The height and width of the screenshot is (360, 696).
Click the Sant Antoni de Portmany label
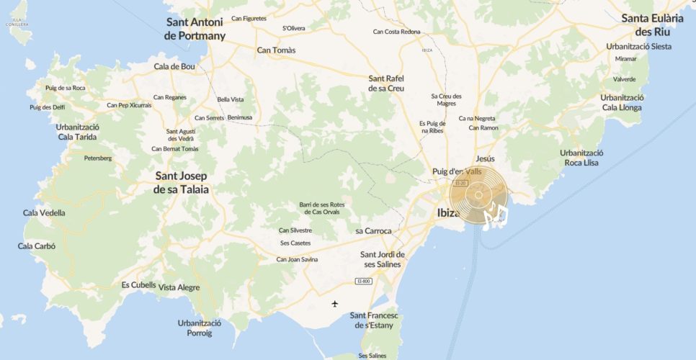click(195, 29)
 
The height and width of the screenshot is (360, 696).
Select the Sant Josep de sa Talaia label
click(181, 183)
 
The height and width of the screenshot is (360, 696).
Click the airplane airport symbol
click(334, 303)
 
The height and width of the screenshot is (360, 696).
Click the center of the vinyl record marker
click(478, 194)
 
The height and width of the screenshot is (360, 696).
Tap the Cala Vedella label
click(44, 212)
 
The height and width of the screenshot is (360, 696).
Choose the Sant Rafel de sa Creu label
click(386, 83)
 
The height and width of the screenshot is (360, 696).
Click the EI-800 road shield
click(363, 281)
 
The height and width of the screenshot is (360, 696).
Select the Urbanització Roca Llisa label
click(581, 158)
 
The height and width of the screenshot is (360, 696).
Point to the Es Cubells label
click(138, 284)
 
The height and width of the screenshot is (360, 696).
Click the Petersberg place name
click(98, 158)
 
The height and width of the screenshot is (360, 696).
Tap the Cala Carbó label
click(37, 246)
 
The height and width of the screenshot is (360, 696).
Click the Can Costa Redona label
click(396, 32)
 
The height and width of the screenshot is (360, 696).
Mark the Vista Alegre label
click(179, 287)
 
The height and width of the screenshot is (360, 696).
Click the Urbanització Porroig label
click(200, 328)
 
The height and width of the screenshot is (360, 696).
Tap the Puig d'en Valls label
click(456, 171)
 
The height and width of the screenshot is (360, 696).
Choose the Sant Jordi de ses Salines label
click(383, 258)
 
